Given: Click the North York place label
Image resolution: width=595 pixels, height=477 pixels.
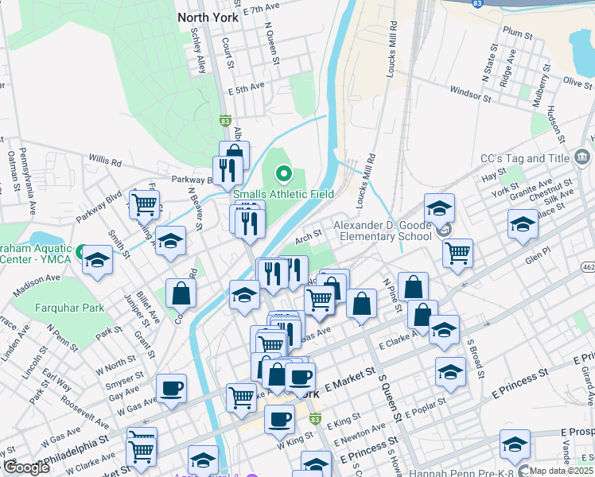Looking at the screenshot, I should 209,17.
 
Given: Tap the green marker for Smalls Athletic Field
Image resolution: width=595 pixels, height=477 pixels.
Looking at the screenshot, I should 283,173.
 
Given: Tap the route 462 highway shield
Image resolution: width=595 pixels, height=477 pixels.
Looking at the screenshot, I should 587,266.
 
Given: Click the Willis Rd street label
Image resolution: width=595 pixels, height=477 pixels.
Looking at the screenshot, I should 105,162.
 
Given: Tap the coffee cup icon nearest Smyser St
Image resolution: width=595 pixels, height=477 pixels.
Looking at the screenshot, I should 172,388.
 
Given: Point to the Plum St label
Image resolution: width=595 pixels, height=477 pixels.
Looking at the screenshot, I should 517,33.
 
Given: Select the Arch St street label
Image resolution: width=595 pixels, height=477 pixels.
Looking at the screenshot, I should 307,235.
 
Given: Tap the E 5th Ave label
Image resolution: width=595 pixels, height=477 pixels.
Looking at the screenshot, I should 245,86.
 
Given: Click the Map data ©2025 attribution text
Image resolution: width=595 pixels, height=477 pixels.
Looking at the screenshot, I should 559,471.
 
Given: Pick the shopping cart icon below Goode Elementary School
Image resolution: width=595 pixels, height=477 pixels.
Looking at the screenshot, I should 457,253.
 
